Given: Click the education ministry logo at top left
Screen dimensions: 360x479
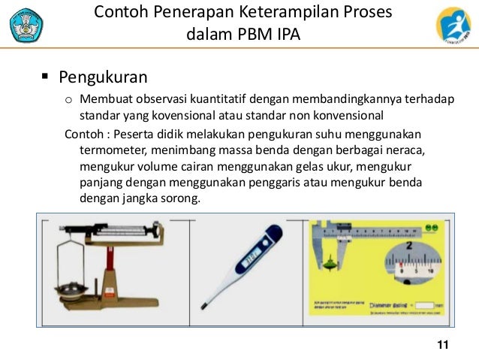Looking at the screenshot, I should [x=26, y=24].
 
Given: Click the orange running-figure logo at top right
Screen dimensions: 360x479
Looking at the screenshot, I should [x=453, y=25].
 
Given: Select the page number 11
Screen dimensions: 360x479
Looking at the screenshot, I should [x=441, y=344].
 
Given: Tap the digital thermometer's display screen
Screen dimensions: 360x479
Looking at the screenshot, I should [x=249, y=259].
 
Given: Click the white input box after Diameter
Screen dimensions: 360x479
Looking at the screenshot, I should [x=425, y=306].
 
